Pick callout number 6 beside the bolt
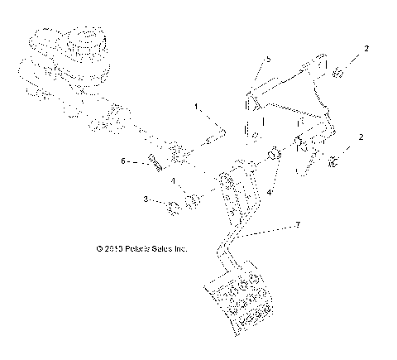123,161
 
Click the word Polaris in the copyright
142,247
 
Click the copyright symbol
98,247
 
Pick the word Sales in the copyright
170,247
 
